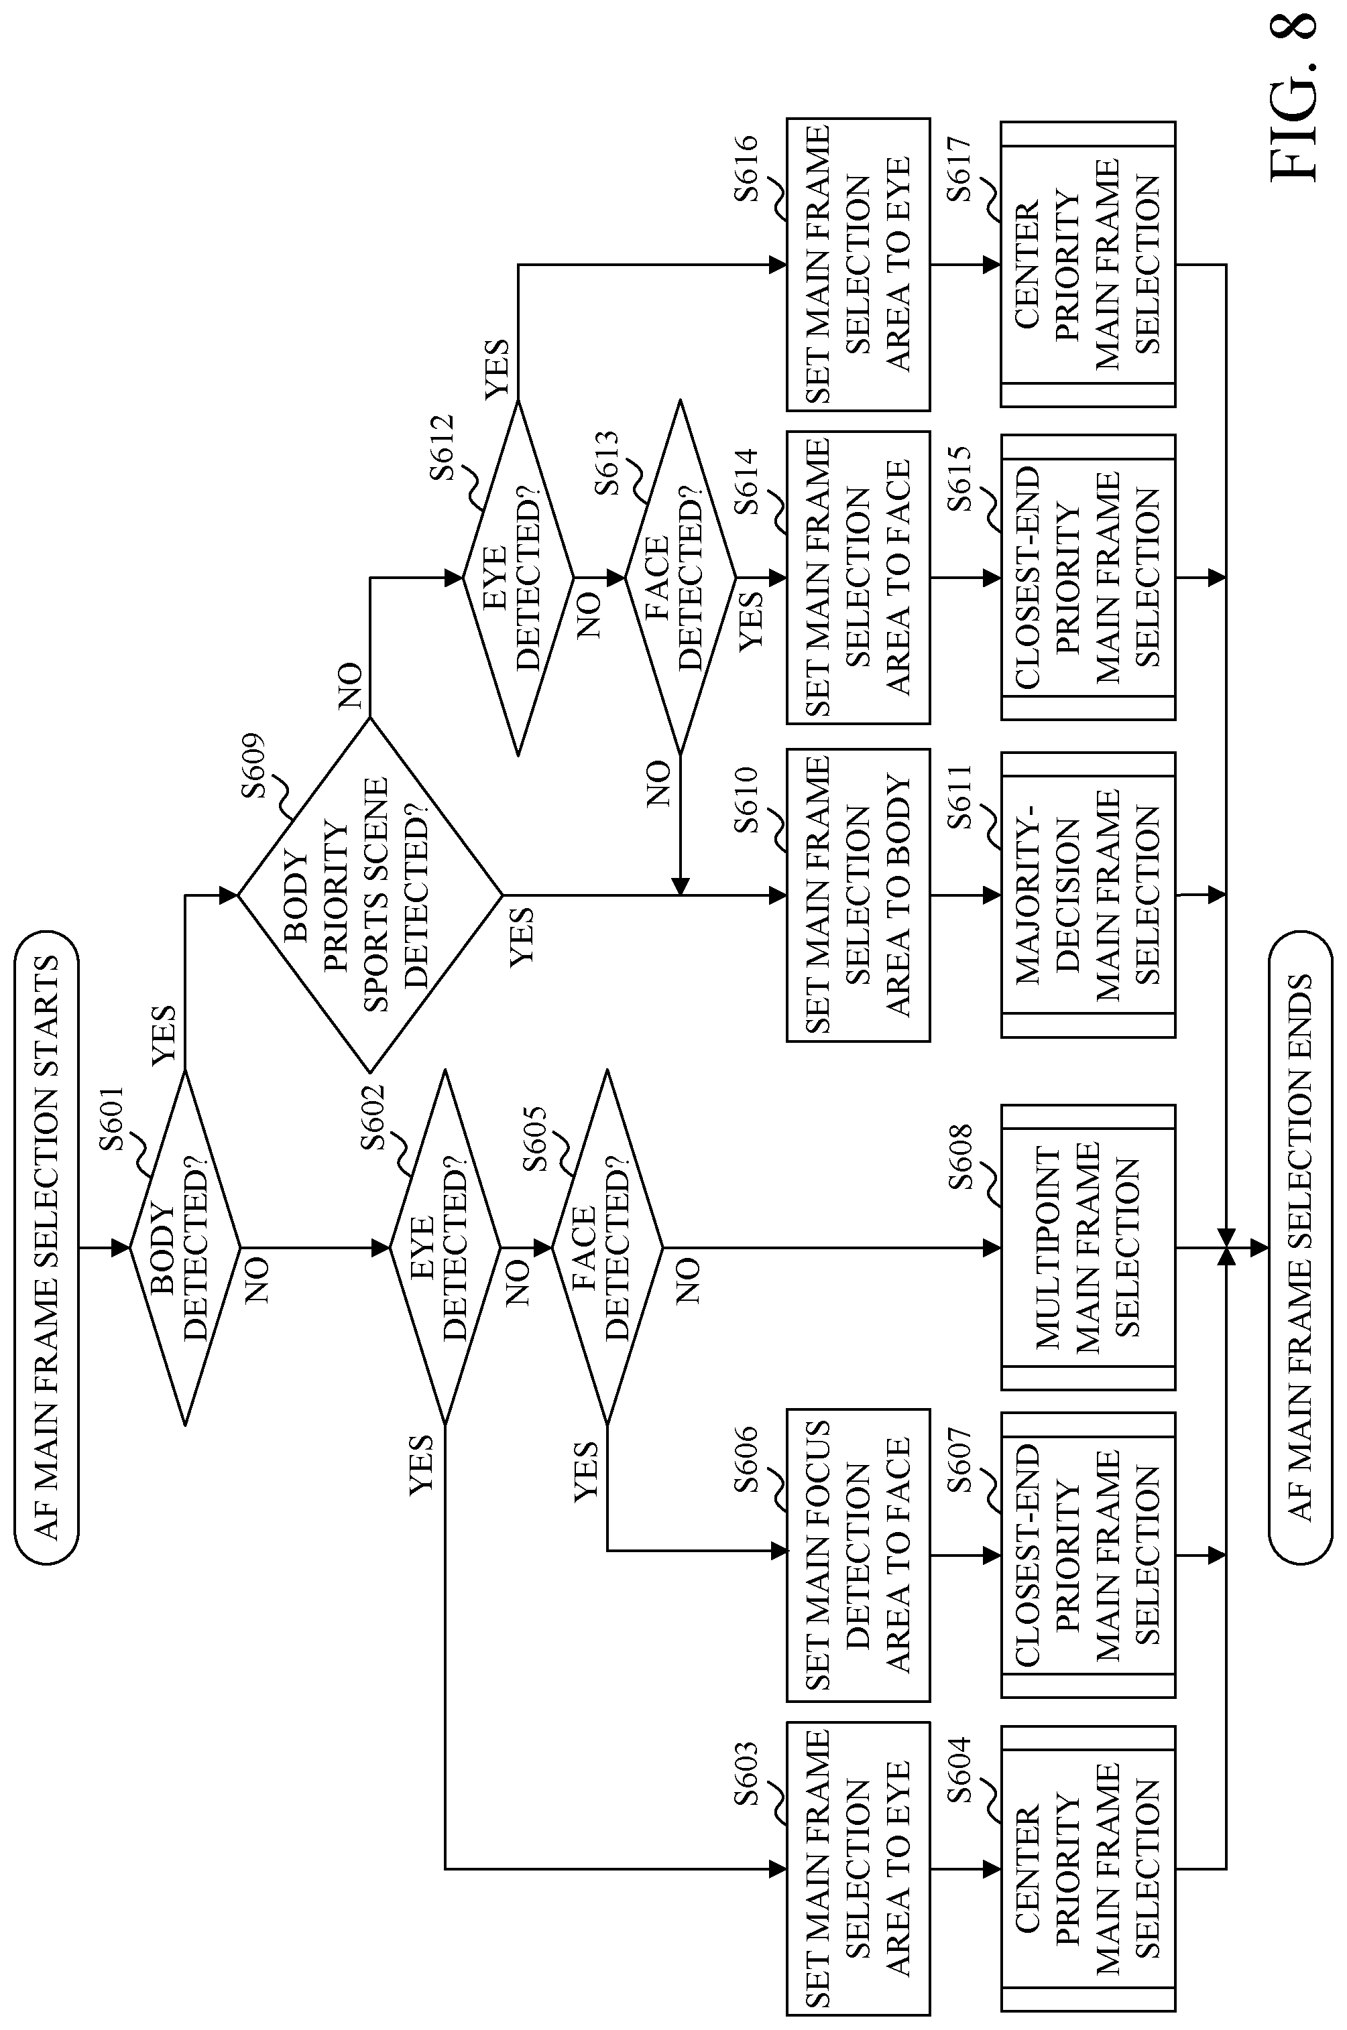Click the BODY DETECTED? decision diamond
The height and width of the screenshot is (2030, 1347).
point(184,1247)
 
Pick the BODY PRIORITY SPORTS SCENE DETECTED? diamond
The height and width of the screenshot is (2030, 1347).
point(369,895)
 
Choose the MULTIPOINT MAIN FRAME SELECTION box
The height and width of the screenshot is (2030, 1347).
point(1088,1247)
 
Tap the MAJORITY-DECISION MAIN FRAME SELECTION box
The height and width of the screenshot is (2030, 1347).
point(1088,895)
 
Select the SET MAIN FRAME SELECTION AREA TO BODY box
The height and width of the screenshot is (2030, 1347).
point(858,895)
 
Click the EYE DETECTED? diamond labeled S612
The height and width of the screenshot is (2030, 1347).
point(518,577)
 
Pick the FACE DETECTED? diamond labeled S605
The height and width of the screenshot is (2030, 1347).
point(607,1247)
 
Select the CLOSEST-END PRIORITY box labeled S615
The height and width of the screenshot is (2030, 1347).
point(1088,577)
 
